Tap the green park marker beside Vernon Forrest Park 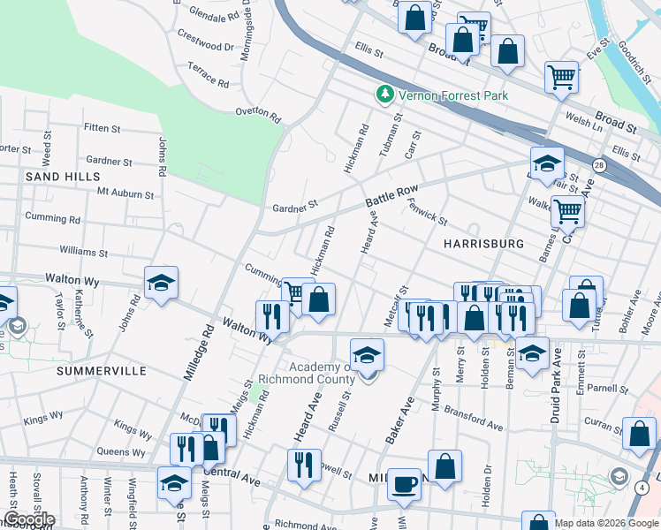point(384,94)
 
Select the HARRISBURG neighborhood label point(483,243)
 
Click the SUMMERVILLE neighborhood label point(101,371)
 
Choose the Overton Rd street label point(257,114)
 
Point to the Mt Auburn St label point(125,192)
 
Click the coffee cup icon point(405,484)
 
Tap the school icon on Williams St point(162,284)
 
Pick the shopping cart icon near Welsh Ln point(561,78)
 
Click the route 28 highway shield point(600,165)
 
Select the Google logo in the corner point(29,519)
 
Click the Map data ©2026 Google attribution point(606,523)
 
